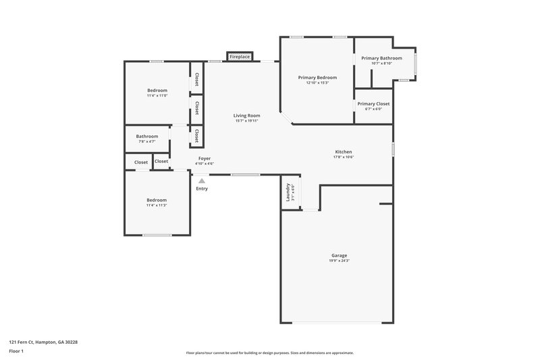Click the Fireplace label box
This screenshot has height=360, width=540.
(x=240, y=57)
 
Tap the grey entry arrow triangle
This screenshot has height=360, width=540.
(x=201, y=180)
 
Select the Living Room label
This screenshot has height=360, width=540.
(x=248, y=115)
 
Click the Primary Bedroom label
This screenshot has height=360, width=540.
(x=317, y=78)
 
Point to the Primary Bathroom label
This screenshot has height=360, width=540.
(x=381, y=58)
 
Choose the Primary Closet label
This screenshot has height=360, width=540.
(x=373, y=104)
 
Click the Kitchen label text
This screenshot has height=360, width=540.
(x=344, y=152)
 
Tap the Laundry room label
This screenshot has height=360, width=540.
(x=288, y=192)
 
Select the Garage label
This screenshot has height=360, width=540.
(x=339, y=255)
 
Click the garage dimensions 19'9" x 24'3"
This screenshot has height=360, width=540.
(x=339, y=261)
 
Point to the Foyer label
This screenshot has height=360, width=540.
(x=204, y=158)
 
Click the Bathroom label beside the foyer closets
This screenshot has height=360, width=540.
(x=146, y=136)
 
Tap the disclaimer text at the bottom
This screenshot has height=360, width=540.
(x=269, y=353)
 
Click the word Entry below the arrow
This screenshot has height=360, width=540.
(x=202, y=188)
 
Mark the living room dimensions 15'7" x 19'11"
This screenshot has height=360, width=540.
(x=248, y=121)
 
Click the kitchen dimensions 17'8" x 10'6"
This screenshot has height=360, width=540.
(x=344, y=157)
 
